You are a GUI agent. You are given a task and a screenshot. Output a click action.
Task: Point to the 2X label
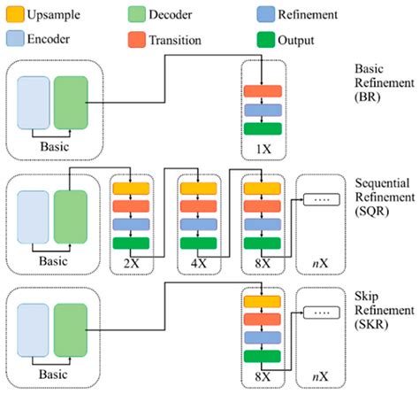(x=132, y=263)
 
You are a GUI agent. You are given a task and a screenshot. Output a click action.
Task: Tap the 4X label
(x=198, y=263)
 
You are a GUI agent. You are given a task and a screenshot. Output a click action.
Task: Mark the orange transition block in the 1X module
(x=263, y=91)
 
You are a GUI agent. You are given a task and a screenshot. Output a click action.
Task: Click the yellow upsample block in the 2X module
(x=132, y=187)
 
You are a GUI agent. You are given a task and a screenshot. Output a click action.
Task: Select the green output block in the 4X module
(x=198, y=243)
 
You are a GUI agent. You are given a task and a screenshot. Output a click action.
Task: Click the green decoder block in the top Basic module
(x=71, y=104)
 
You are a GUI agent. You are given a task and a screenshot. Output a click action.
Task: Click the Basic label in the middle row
(x=52, y=261)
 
